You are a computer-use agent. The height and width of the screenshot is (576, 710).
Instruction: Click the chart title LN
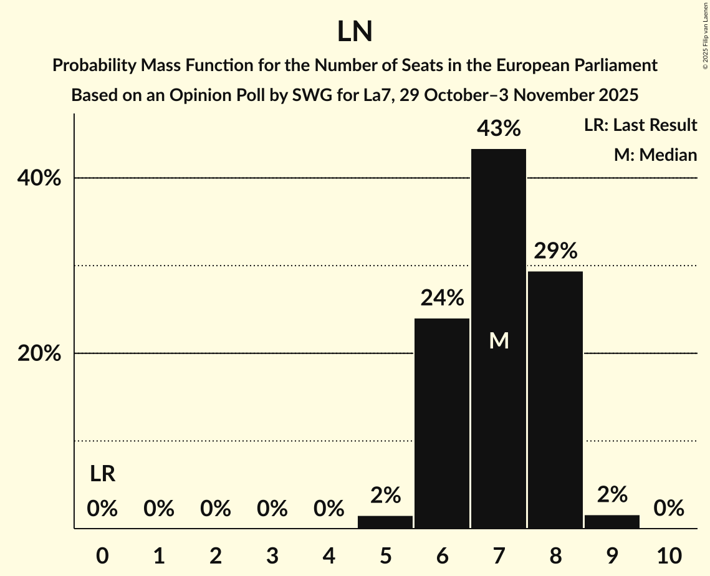pyautogui.click(x=355, y=32)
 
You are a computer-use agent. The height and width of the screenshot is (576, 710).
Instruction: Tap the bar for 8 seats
pyautogui.click(x=555, y=399)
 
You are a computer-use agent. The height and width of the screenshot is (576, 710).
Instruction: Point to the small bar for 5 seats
pyautogui.click(x=385, y=522)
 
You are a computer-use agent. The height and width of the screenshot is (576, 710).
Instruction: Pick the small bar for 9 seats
pyautogui.click(x=612, y=521)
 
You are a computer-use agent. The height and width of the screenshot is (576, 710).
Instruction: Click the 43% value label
pyautogui.click(x=499, y=129)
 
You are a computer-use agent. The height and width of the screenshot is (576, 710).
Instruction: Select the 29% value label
pyautogui.click(x=555, y=251)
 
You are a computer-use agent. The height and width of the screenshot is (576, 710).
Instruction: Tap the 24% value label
pyautogui.click(x=442, y=299)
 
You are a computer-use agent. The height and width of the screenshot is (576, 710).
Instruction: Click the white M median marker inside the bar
pyautogui.click(x=499, y=340)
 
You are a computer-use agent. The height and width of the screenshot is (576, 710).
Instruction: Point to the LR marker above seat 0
pyautogui.click(x=102, y=474)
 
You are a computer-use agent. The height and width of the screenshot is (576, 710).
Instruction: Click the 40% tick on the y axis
pyautogui.click(x=39, y=179)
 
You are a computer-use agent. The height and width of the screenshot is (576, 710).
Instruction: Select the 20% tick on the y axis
pyautogui.click(x=39, y=354)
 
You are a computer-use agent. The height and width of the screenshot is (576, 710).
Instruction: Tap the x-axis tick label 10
pyautogui.click(x=669, y=555)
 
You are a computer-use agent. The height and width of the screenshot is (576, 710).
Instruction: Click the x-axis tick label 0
pyautogui.click(x=102, y=555)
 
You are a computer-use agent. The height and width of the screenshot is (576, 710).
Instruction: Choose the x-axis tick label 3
pyautogui.click(x=272, y=555)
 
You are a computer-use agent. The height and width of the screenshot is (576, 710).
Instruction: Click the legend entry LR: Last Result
pyautogui.click(x=640, y=125)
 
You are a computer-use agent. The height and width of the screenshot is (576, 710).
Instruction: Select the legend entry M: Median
pyautogui.click(x=655, y=155)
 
